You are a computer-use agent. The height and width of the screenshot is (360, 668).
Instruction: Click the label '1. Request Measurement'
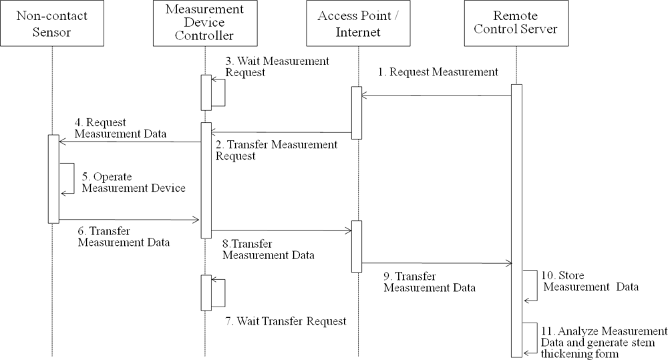coord(438,73)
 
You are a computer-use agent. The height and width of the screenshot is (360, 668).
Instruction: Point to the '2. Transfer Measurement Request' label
coord(276,150)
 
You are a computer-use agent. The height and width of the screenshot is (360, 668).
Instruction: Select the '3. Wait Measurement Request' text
coord(277,66)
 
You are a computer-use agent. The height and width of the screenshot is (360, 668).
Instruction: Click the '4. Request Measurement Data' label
coord(120,128)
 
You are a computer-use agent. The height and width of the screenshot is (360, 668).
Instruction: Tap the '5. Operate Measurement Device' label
coord(134,182)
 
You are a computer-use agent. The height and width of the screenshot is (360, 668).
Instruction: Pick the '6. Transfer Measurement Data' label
coord(124,236)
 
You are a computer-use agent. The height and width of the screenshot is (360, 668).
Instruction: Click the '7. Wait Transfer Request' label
coord(285,321)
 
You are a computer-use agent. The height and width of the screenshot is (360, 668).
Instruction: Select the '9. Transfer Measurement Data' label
coord(430,282)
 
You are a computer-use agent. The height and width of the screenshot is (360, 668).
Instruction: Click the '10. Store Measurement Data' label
coord(591,281)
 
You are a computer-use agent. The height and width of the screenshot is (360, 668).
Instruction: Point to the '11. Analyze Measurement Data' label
coord(604,342)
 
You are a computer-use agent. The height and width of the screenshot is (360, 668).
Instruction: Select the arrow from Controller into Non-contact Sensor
coord(130,142)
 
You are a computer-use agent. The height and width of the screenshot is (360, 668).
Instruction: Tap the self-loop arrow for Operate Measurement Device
coord(67,178)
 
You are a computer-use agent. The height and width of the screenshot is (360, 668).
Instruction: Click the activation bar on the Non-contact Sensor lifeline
coord(53,178)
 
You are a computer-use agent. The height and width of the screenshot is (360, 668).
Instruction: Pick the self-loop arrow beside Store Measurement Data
coord(530,286)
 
